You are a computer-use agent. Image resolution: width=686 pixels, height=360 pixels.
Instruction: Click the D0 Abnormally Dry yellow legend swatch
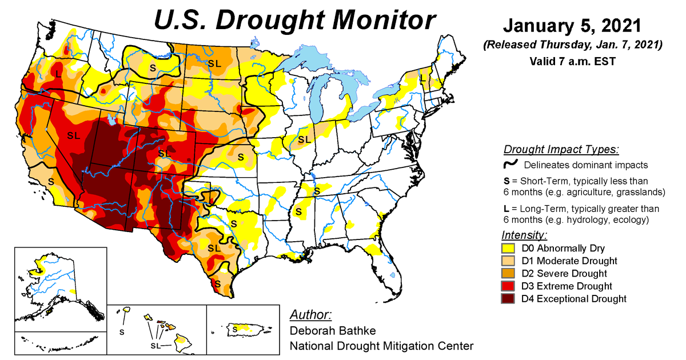pyautogui.click(x=508, y=249)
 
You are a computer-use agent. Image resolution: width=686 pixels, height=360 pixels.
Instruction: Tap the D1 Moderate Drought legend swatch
pyautogui.click(x=508, y=261)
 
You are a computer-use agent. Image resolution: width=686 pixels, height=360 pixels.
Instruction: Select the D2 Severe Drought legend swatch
pyautogui.click(x=508, y=274)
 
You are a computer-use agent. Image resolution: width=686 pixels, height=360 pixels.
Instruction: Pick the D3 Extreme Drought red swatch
pyautogui.click(x=508, y=286)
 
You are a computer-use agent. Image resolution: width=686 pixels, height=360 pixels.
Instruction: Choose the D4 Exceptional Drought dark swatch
pyautogui.click(x=508, y=299)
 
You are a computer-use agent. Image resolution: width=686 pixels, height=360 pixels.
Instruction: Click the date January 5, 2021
pyautogui.click(x=572, y=26)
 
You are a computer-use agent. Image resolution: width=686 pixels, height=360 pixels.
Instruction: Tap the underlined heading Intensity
pyautogui.click(x=524, y=235)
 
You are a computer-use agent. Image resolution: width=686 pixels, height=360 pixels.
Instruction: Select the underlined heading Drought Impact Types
pyautogui.click(x=561, y=150)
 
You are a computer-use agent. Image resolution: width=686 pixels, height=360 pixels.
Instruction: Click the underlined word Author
pyautogui.click(x=310, y=315)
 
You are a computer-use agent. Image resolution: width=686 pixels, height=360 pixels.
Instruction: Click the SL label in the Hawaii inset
pyautogui.click(x=155, y=346)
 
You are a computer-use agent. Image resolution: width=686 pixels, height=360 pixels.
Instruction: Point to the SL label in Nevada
pyautogui.click(x=73, y=135)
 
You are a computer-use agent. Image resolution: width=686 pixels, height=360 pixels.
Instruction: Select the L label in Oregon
pyautogui.click(x=59, y=73)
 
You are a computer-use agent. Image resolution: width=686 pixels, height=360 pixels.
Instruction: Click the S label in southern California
pyautogui.click(x=51, y=181)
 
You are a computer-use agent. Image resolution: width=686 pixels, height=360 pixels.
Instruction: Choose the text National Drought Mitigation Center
pyautogui.click(x=381, y=346)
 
